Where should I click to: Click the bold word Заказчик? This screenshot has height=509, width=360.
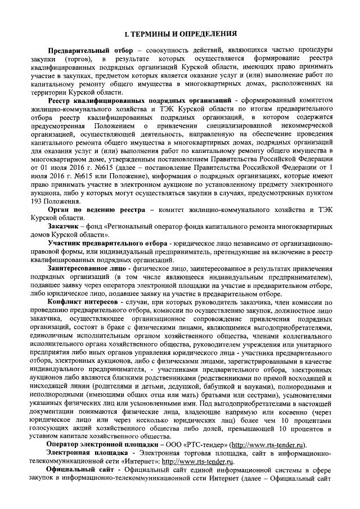click(x=63, y=226)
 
